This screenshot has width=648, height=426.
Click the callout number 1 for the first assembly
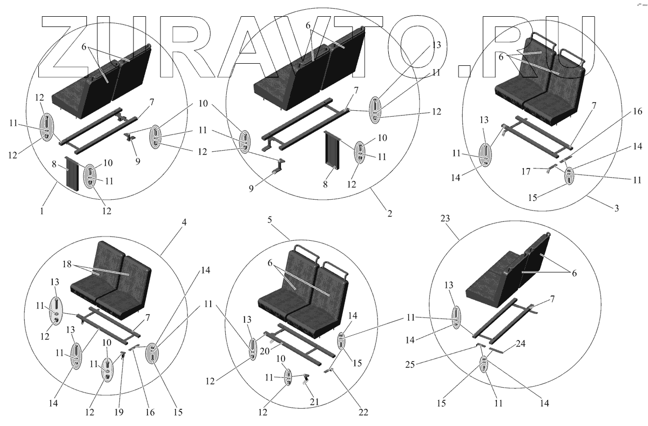pos(41,211)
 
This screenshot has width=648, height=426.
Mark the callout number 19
pos(119,413)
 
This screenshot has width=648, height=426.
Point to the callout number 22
pos(363,413)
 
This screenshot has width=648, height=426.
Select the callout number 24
pos(520,343)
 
